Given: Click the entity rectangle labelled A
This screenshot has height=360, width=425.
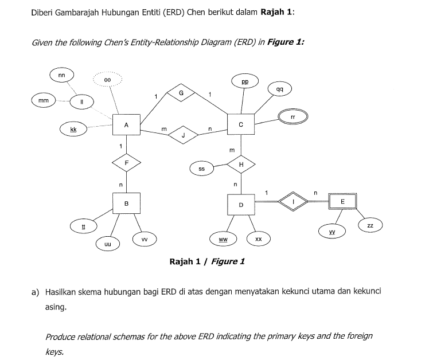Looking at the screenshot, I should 127,124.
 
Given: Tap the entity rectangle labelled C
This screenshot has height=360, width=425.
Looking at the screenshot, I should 241,124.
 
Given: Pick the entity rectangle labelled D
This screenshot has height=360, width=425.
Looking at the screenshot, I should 241,204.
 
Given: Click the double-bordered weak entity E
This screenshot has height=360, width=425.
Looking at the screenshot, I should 342,201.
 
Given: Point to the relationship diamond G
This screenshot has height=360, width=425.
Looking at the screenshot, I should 181,92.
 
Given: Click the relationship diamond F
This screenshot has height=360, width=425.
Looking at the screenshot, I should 127,163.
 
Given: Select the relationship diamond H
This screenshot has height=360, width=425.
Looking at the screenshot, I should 241,165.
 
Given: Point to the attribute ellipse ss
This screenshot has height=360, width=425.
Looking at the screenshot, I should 202,169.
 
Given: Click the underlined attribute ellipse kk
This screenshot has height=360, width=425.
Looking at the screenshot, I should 73,130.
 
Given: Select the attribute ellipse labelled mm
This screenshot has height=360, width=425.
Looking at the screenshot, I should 43,101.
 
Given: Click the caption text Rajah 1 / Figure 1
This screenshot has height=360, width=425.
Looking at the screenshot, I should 207,261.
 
